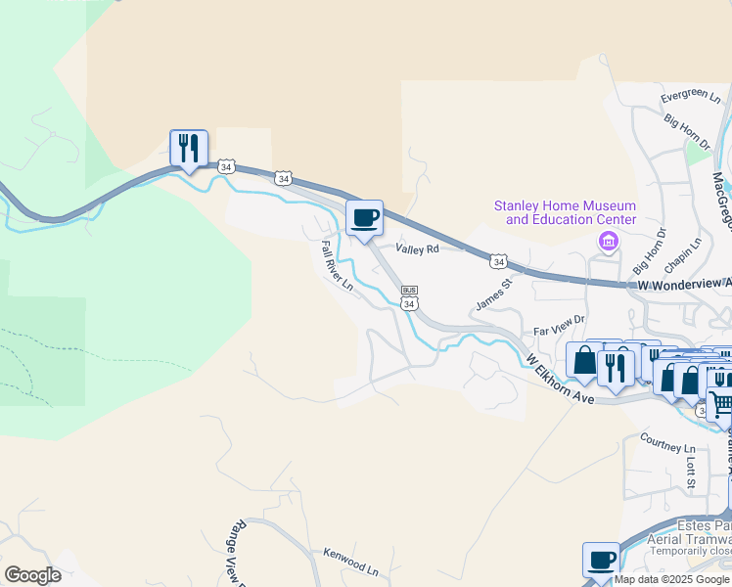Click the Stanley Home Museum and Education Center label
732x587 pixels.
click(x=565, y=212)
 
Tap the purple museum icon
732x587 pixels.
click(x=609, y=241)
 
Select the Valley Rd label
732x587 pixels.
click(x=418, y=249)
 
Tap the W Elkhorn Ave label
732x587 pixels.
click(x=560, y=381)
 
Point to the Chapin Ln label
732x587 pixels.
click(x=683, y=255)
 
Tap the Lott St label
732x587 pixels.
click(x=690, y=477)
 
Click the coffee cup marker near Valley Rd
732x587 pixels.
click(x=364, y=217)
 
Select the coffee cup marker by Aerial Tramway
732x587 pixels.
click(x=601, y=561)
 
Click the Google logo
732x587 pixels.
click(x=32, y=575)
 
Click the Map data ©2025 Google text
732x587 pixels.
click(x=672, y=579)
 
